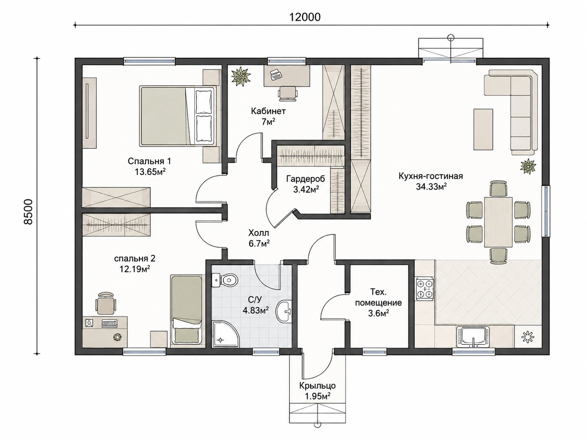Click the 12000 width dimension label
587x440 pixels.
305,17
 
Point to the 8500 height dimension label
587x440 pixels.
28,211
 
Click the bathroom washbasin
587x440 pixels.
284,311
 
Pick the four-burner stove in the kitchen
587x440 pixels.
425,289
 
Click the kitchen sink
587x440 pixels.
473,337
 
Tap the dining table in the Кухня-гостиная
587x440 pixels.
498,222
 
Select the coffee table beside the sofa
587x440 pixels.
483,129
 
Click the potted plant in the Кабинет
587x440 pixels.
241,77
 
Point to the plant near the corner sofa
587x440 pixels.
528,166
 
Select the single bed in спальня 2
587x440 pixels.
186,310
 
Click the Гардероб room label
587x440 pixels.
306,178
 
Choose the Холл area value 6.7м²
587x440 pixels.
259,243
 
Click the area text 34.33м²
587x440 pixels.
431,187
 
